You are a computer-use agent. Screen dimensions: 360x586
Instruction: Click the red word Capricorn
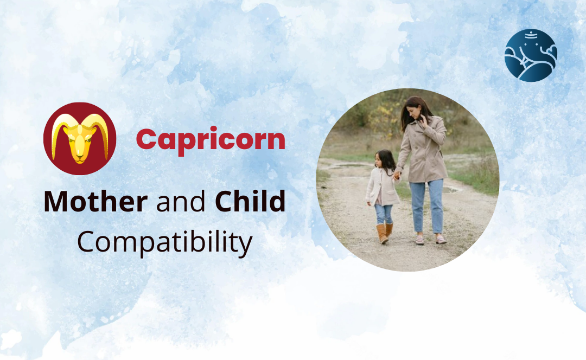tap(210, 139)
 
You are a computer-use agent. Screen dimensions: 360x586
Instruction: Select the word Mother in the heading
tap(95, 202)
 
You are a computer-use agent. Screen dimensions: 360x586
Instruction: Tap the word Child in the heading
tap(250, 202)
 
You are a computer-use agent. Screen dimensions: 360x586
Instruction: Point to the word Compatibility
tap(164, 242)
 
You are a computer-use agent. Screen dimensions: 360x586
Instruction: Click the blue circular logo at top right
tap(530, 55)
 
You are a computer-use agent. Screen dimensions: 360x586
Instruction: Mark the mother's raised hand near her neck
tap(424, 120)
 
